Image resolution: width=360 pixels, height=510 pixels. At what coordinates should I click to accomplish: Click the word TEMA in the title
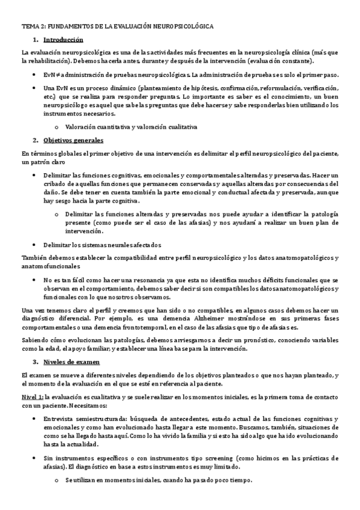(29, 26)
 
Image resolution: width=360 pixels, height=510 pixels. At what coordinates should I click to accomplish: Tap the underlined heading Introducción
(64, 40)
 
